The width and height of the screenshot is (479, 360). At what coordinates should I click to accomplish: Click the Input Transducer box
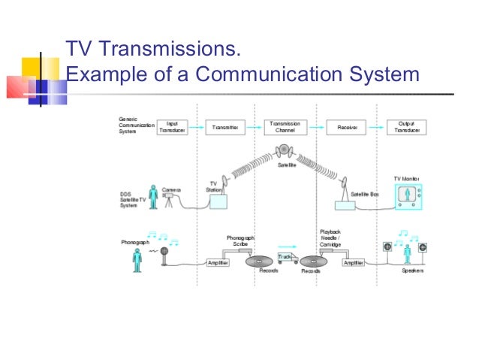click(172, 127)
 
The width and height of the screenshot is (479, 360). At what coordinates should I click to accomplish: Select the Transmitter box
click(225, 128)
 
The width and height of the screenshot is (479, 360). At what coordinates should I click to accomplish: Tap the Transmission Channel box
click(285, 127)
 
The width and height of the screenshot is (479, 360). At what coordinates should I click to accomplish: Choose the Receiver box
click(347, 128)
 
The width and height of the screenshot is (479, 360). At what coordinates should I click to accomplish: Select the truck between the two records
click(286, 258)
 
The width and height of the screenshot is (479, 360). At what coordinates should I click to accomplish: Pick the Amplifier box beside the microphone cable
click(218, 263)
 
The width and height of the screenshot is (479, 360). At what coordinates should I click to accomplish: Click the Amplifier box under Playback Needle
click(354, 263)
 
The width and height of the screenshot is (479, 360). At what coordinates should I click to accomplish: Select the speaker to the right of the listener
click(423, 247)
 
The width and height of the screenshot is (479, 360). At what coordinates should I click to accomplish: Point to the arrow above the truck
click(285, 244)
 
